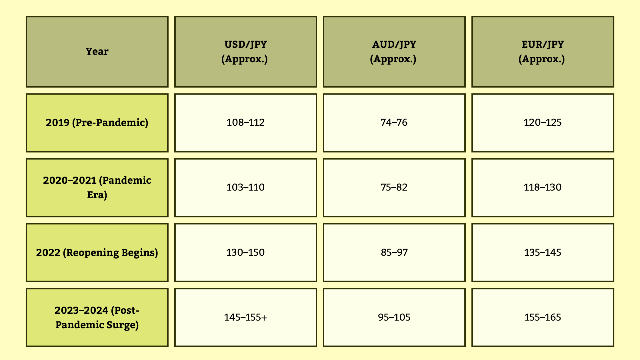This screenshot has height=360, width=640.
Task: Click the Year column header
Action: (97, 51)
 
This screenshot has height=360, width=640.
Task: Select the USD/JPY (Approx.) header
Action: (245, 51)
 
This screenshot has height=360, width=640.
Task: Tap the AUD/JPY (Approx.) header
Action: (394, 51)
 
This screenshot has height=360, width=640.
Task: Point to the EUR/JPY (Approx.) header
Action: (543, 51)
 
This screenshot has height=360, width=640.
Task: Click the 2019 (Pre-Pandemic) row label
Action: (97, 123)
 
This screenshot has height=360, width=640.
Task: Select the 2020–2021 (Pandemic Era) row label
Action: (97, 187)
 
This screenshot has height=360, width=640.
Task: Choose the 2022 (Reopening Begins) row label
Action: (97, 253)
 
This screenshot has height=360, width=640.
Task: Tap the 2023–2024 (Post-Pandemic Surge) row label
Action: (97, 317)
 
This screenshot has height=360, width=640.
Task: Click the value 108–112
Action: (245, 123)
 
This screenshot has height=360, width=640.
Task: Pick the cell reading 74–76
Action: (394, 123)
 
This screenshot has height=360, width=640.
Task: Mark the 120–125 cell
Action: (543, 123)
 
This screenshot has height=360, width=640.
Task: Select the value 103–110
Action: (245, 187)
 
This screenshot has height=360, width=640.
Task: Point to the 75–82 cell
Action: (394, 187)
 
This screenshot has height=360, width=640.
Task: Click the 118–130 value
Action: (543, 187)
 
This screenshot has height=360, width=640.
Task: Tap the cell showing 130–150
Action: (245, 253)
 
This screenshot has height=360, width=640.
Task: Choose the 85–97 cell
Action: (394, 253)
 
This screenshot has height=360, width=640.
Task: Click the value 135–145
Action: (543, 253)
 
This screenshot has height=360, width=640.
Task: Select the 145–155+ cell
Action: (245, 317)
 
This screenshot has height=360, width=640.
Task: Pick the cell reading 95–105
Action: (394, 317)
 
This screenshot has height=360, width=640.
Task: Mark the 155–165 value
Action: (543, 317)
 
